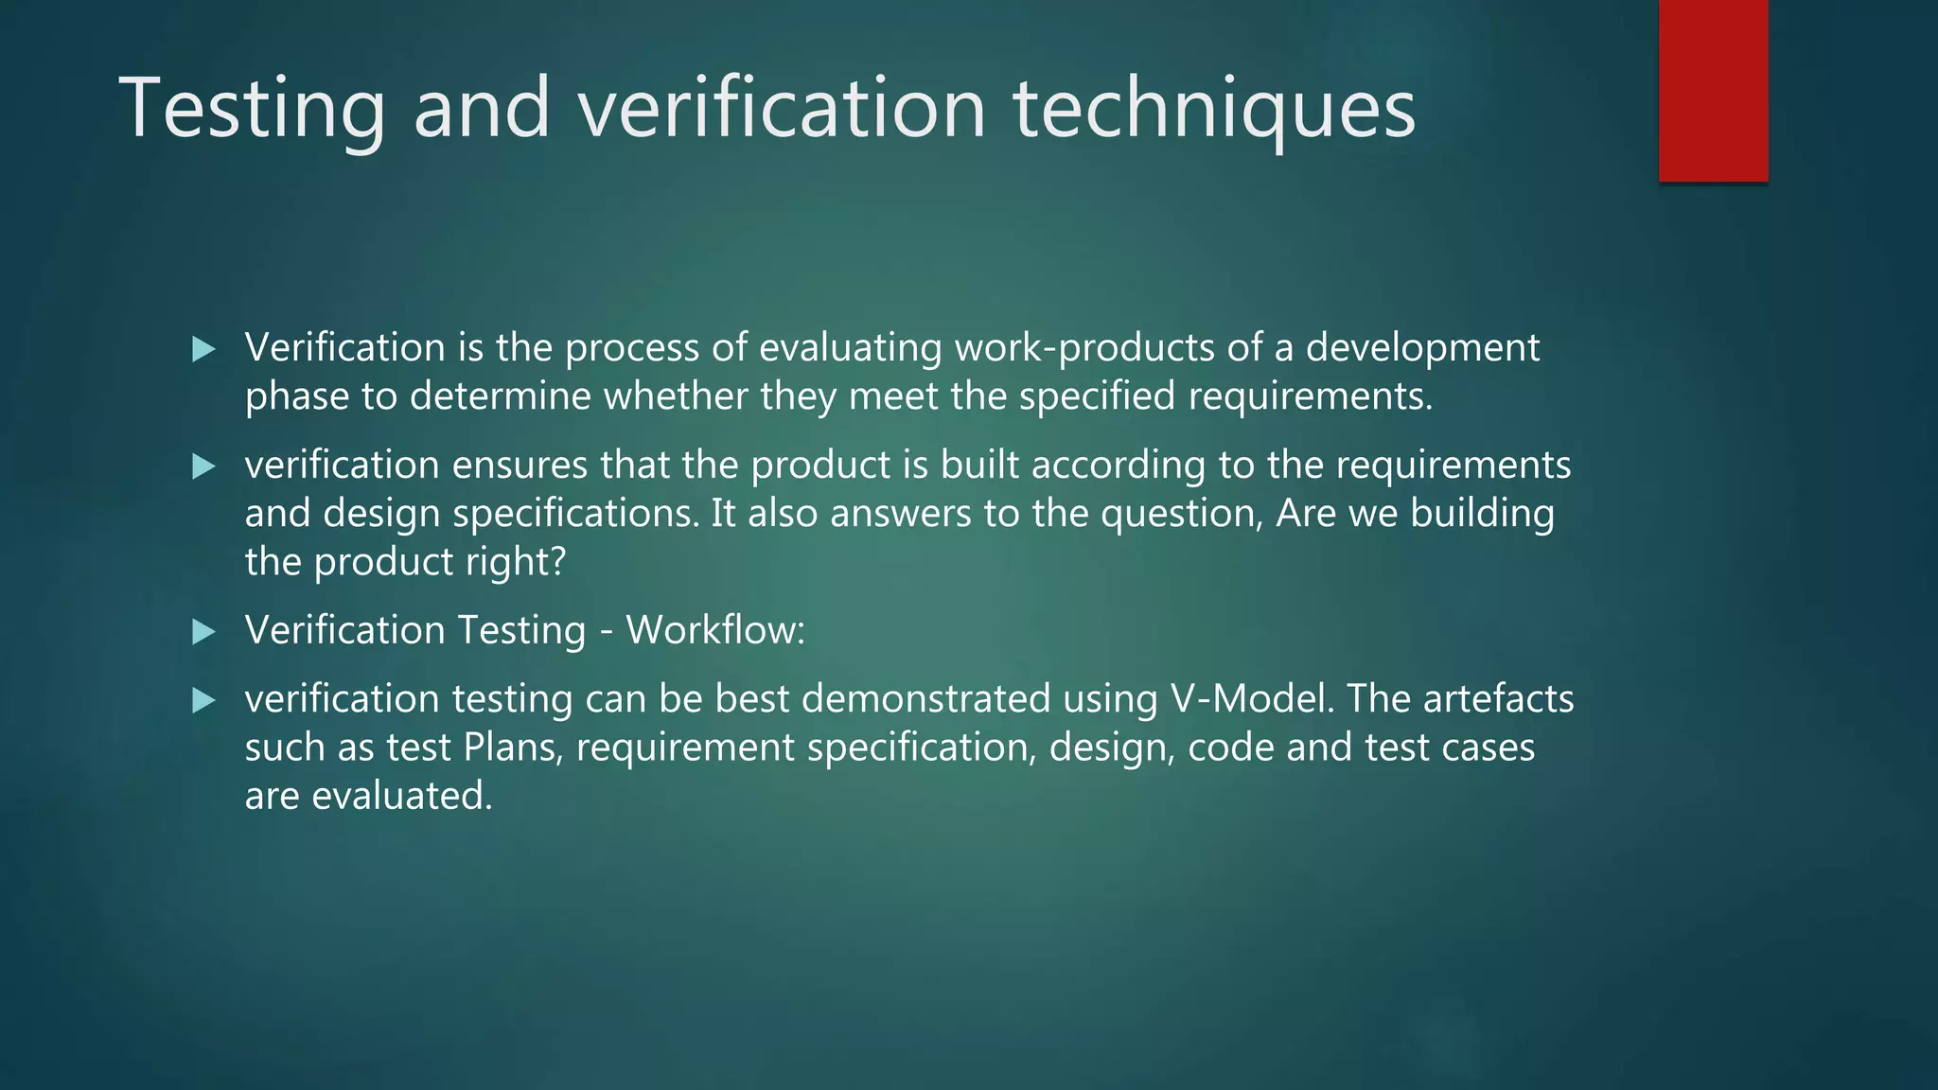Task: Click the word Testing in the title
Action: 252,109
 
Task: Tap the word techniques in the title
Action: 1214,109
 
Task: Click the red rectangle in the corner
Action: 1713,90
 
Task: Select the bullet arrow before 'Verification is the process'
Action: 203,349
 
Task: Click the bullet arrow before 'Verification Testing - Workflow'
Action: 203,631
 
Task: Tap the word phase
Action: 296,396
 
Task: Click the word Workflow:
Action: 715,630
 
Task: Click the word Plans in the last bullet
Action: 513,747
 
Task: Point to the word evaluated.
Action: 402,796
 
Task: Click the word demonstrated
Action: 925,698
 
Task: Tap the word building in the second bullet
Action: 1482,514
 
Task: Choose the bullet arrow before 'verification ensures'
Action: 203,466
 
